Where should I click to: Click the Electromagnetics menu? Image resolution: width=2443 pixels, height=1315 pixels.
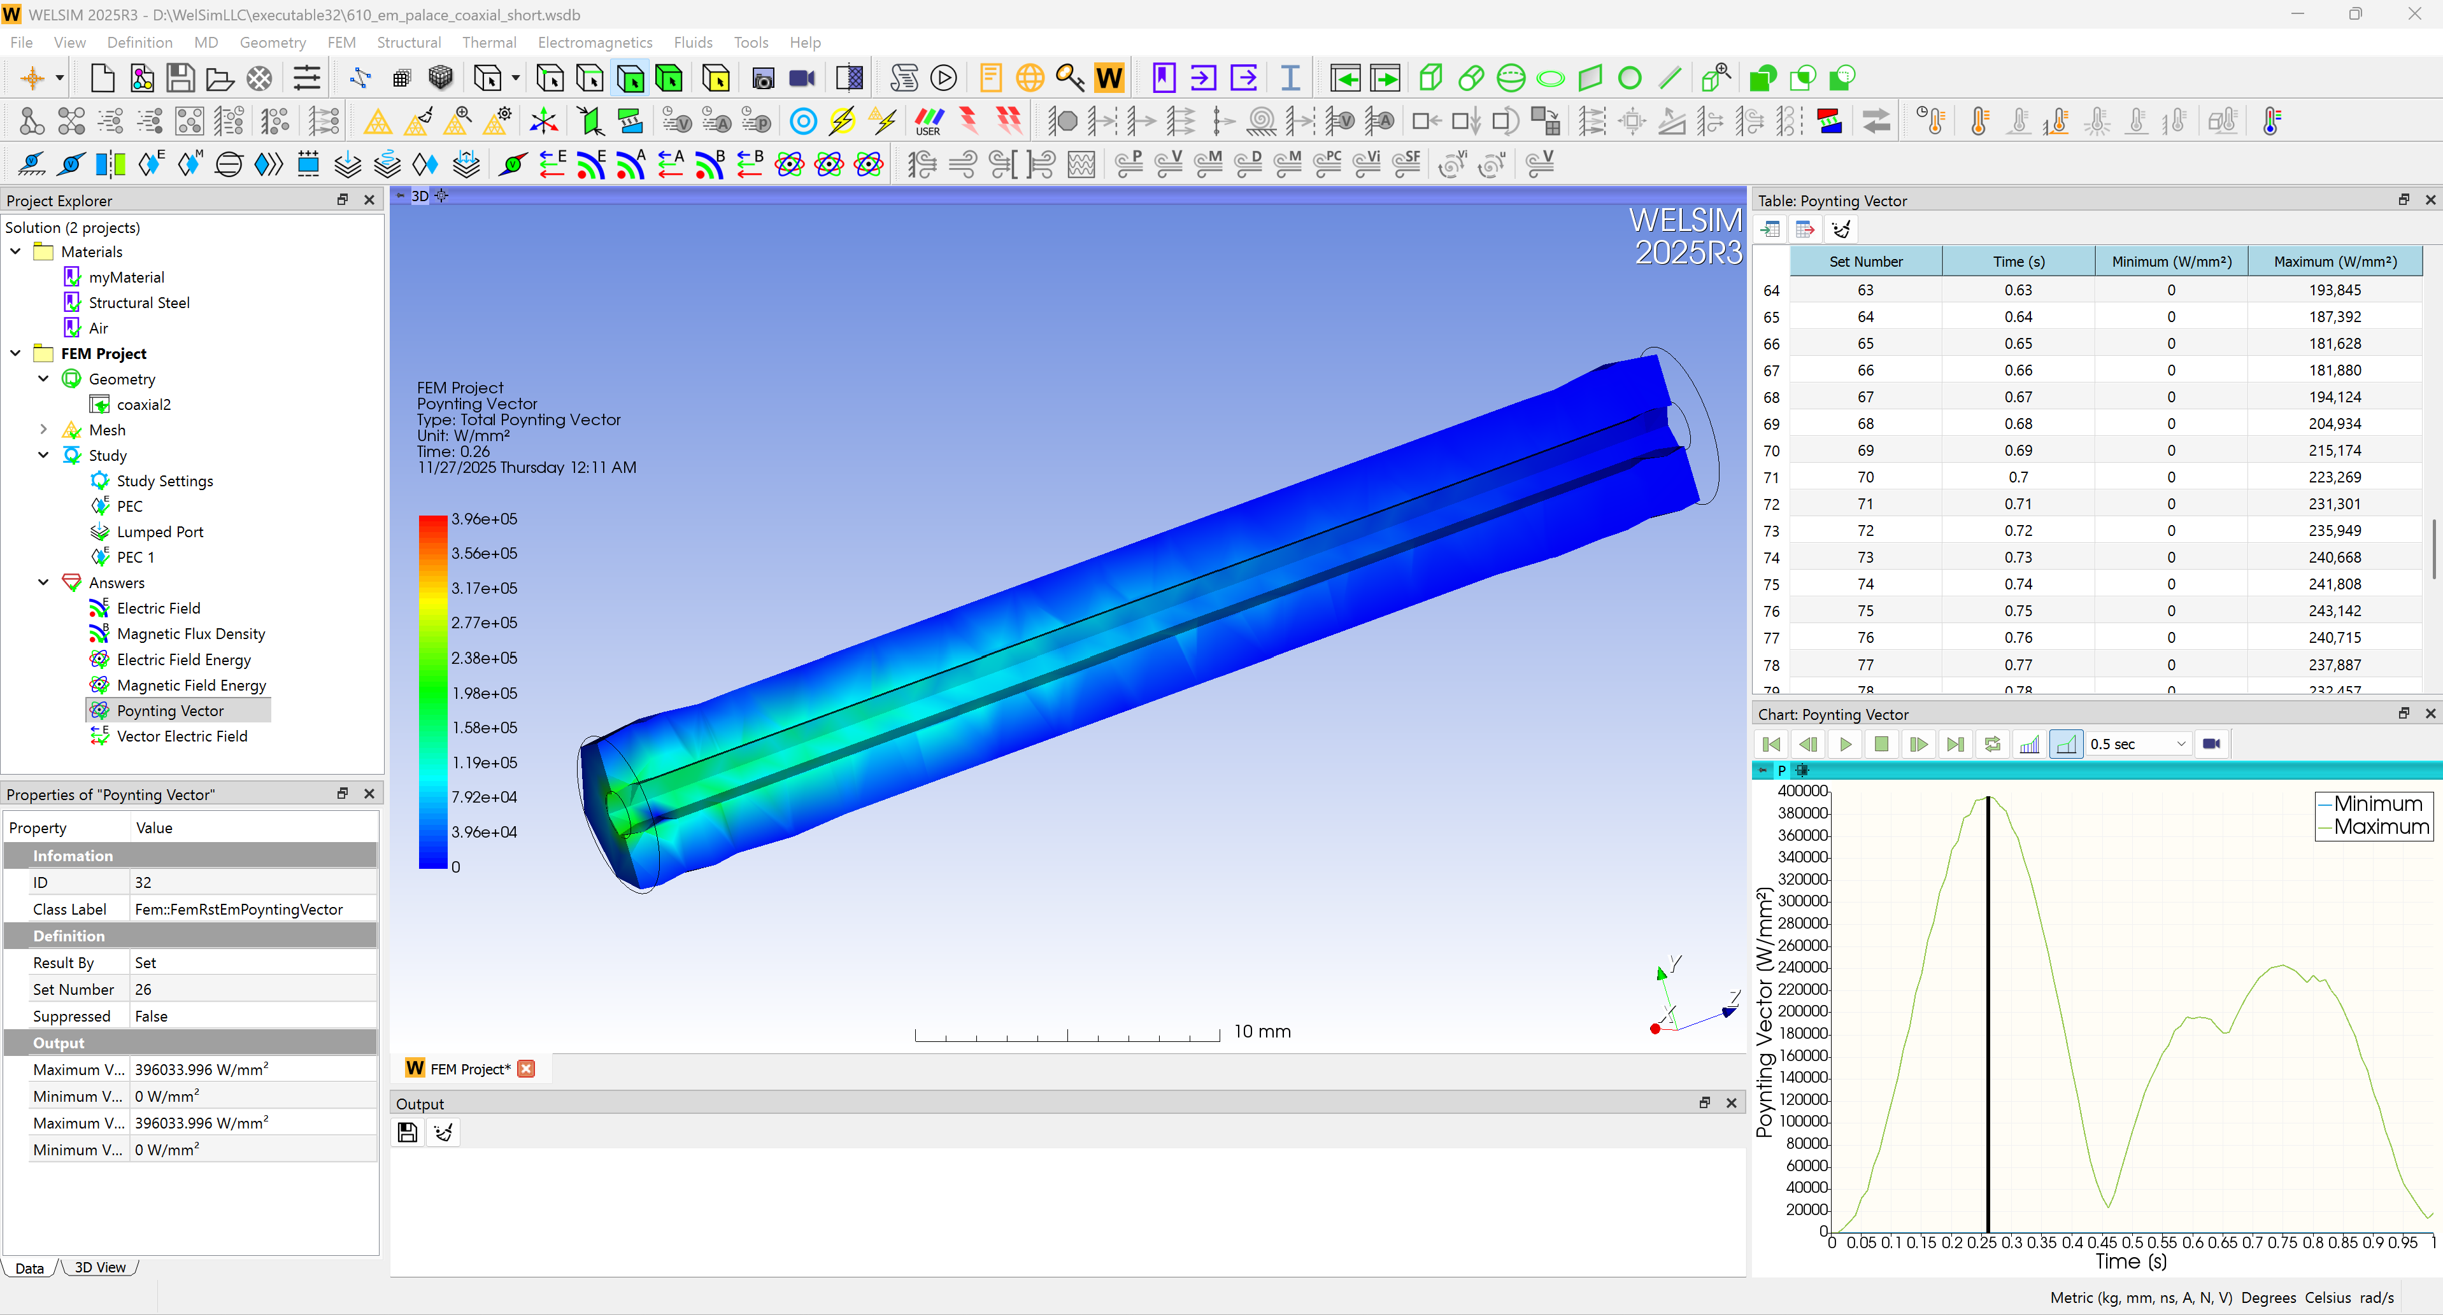click(x=595, y=43)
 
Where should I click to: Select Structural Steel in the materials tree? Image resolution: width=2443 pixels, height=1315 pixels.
click(x=138, y=302)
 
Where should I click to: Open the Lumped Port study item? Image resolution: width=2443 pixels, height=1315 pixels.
click(x=159, y=532)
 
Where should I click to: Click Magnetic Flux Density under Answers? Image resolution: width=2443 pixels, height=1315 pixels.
click(x=190, y=633)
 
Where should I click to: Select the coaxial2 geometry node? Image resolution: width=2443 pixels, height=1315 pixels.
click(x=143, y=404)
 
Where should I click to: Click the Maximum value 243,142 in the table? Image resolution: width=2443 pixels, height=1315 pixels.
click(x=2335, y=610)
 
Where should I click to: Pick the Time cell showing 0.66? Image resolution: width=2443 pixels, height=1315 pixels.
click(x=2018, y=370)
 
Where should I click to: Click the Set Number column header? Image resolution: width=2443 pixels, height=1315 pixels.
click(x=1865, y=262)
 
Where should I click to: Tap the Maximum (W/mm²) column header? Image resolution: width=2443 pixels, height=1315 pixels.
click(x=2335, y=262)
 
